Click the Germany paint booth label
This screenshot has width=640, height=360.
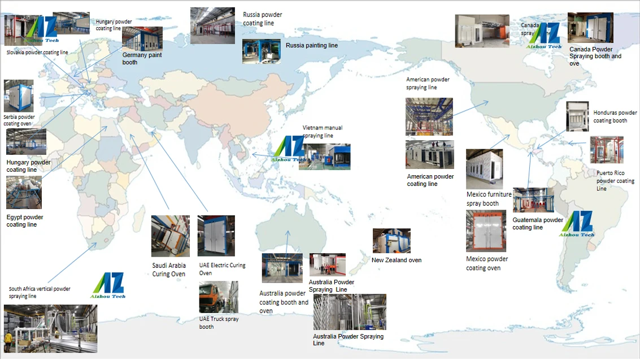click(142, 59)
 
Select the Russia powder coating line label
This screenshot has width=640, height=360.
click(262, 19)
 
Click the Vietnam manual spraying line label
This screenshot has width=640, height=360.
click(322, 132)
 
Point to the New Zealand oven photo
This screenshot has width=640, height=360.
click(391, 241)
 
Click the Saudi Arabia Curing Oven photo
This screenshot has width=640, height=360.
click(170, 236)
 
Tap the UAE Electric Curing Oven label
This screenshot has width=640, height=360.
click(222, 269)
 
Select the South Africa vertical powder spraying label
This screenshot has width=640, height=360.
click(40, 292)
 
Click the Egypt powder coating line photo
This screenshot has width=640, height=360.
click(24, 192)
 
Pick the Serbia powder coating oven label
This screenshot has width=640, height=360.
click(19, 120)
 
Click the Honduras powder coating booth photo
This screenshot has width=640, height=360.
click(577, 117)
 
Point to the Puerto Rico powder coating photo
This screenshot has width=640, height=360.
click(607, 150)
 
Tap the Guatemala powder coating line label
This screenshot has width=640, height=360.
click(537, 224)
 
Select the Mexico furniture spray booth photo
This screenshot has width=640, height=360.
click(484, 169)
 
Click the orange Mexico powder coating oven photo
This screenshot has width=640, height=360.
click(486, 231)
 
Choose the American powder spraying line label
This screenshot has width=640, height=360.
click(428, 84)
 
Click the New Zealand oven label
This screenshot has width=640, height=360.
click(396, 261)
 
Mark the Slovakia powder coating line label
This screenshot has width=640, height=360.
click(37, 53)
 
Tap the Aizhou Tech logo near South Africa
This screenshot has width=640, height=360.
click(108, 285)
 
